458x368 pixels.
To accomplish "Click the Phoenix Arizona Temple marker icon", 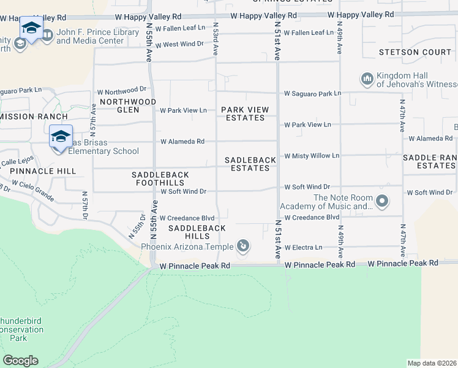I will click(243, 247).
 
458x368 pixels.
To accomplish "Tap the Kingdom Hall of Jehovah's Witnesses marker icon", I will click(367, 79).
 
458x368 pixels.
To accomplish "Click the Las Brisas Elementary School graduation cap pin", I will click(61, 137).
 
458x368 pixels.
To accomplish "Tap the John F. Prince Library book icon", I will click(47, 36).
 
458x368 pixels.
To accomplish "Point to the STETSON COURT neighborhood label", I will click(415, 52).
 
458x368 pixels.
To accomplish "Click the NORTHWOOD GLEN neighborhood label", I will click(128, 105).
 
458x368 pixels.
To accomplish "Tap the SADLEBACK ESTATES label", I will click(250, 164).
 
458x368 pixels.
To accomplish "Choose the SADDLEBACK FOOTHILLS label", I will click(160, 179).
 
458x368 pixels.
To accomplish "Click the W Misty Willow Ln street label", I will click(312, 156).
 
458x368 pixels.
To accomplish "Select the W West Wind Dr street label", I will click(179, 44).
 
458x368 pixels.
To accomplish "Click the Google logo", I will click(20, 361).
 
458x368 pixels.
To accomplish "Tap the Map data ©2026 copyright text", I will click(432, 363).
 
